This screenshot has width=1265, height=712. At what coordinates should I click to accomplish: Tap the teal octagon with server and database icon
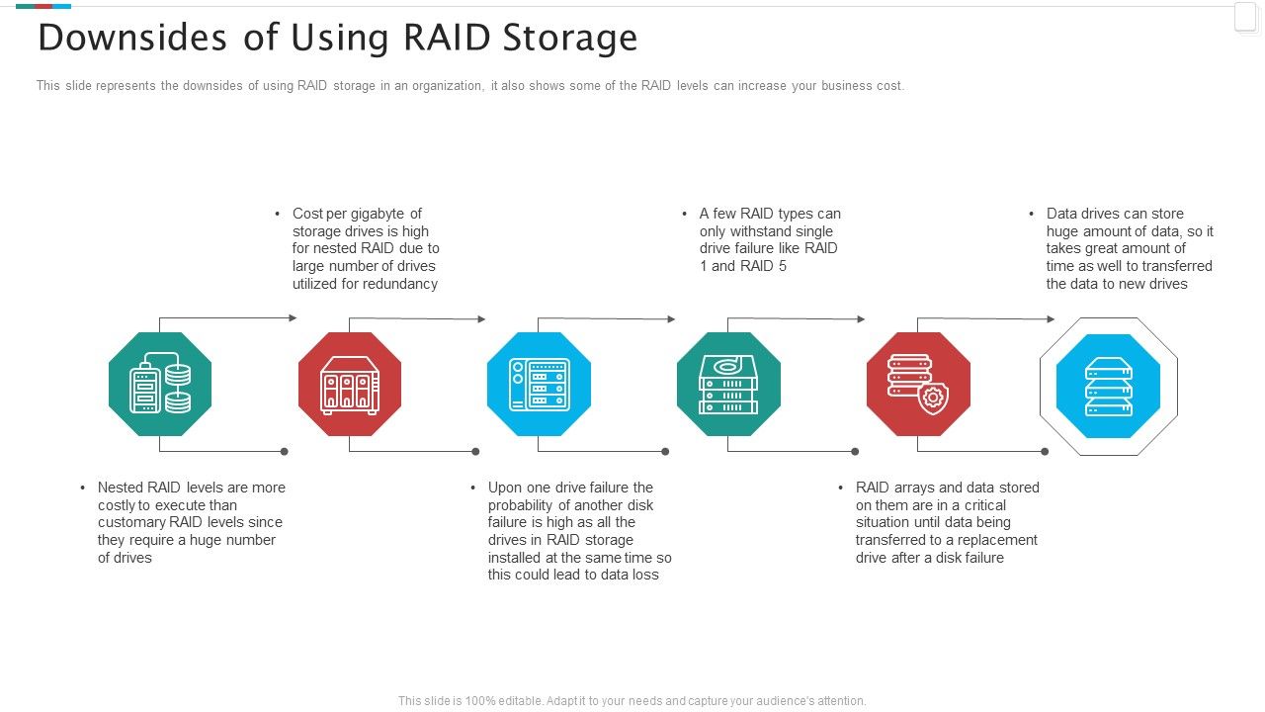[x=160, y=384]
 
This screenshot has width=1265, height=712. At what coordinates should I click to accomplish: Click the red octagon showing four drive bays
[x=350, y=384]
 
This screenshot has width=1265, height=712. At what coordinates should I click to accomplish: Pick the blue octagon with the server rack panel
[x=539, y=384]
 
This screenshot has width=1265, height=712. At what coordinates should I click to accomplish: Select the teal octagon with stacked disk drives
[x=728, y=384]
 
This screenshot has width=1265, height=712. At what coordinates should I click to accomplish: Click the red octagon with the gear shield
[x=918, y=384]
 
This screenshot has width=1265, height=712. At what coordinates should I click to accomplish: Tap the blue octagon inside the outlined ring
[x=1108, y=387]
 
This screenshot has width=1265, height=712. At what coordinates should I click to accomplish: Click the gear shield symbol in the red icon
[x=932, y=398]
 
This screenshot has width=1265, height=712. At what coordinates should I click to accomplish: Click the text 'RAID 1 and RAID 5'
[x=743, y=266]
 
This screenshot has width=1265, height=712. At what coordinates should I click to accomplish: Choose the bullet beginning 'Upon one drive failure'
[x=579, y=531]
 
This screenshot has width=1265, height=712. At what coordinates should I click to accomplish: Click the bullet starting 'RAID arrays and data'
[x=947, y=522]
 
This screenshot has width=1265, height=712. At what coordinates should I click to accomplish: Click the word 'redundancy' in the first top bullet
[x=399, y=284]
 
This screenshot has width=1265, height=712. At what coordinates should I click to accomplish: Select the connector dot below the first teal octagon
[x=285, y=452]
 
